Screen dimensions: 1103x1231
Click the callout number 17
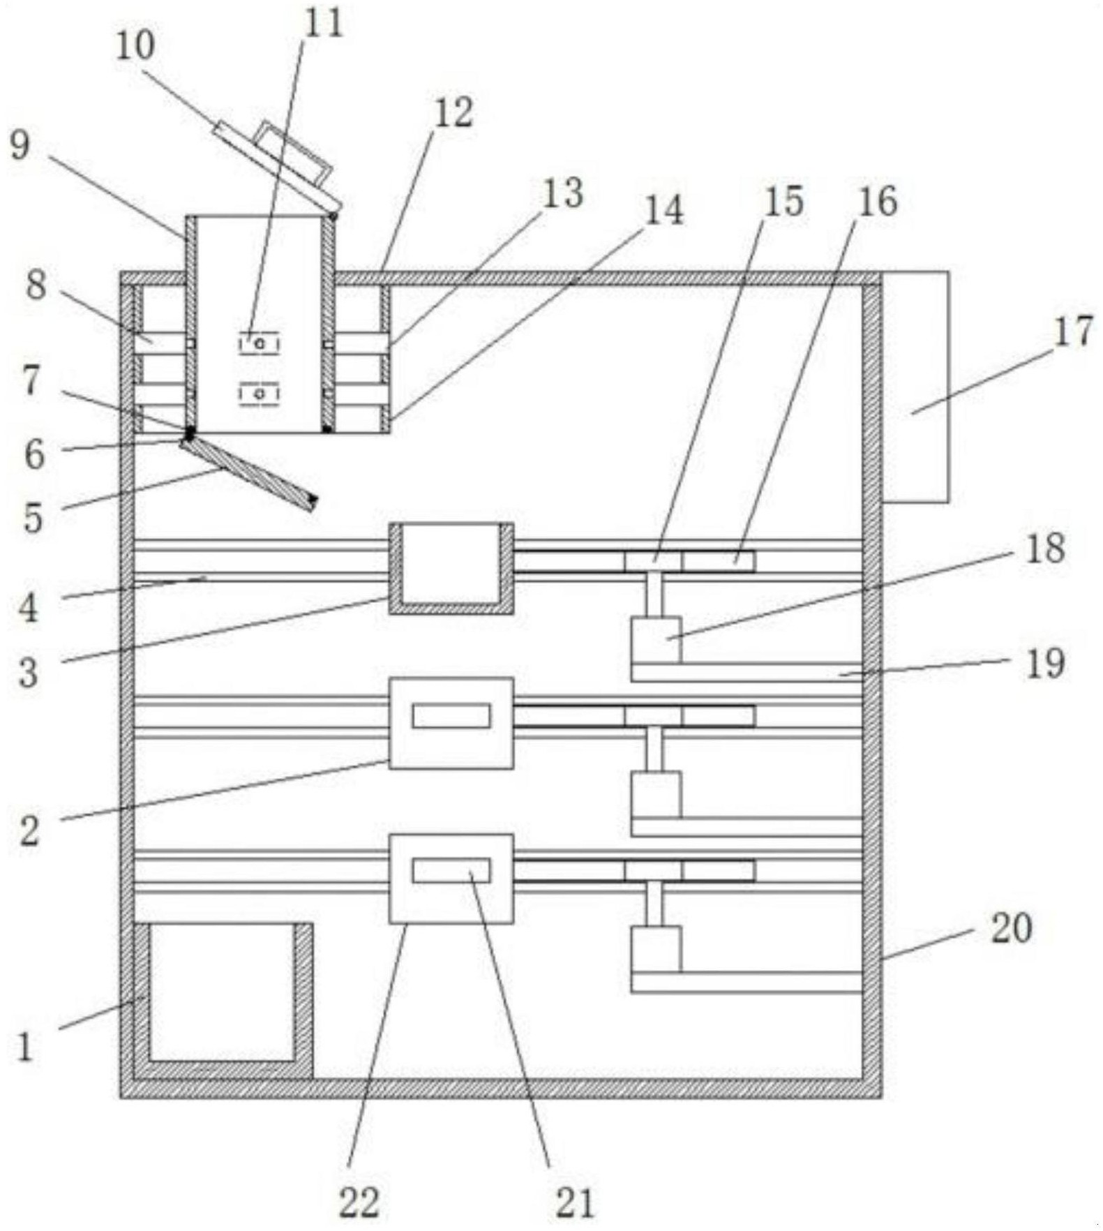click(x=1072, y=331)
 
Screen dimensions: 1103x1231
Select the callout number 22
click(x=359, y=1202)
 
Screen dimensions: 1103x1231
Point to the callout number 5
click(x=33, y=518)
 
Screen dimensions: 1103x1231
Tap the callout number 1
click(x=26, y=1047)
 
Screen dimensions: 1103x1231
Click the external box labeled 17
click(x=915, y=387)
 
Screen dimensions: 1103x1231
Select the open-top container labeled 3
click(x=451, y=569)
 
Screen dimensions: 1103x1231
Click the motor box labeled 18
click(x=656, y=640)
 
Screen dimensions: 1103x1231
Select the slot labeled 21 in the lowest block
click(x=451, y=871)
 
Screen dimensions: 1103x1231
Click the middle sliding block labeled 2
click(x=451, y=723)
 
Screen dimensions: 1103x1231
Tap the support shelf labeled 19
click(x=747, y=672)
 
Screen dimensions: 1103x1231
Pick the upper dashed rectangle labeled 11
click(x=259, y=343)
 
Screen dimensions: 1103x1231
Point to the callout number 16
click(x=877, y=202)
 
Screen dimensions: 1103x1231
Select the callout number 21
click(x=576, y=1202)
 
